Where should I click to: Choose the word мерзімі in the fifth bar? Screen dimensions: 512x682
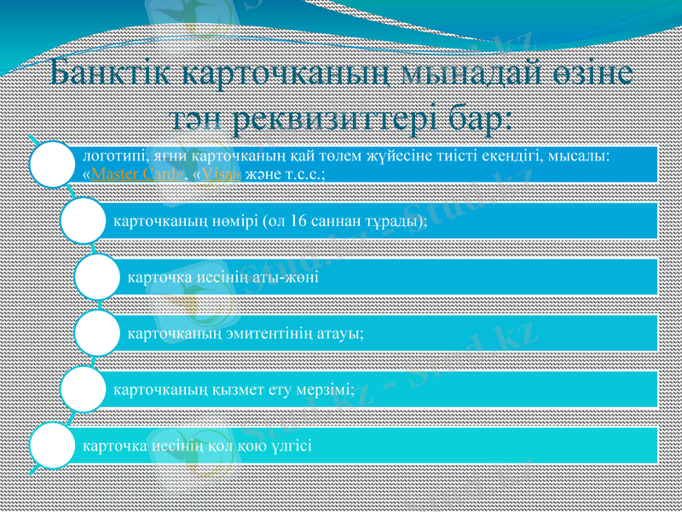(325, 389)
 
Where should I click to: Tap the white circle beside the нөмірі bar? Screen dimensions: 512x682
(84, 220)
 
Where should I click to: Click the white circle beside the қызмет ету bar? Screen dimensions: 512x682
(84, 389)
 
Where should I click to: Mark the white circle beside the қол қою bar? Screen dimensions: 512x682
(53, 445)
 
